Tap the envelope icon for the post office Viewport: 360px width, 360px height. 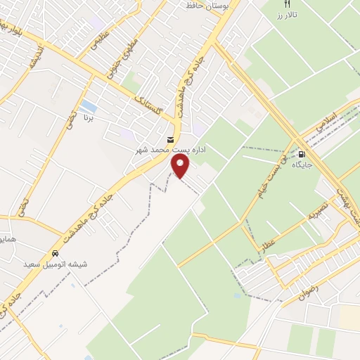coord(172,140)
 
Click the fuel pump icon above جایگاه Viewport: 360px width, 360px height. coord(302,154)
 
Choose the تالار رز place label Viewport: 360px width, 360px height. coord(287,13)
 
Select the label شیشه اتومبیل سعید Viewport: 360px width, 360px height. coord(56,264)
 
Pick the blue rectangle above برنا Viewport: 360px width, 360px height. coord(89,107)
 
